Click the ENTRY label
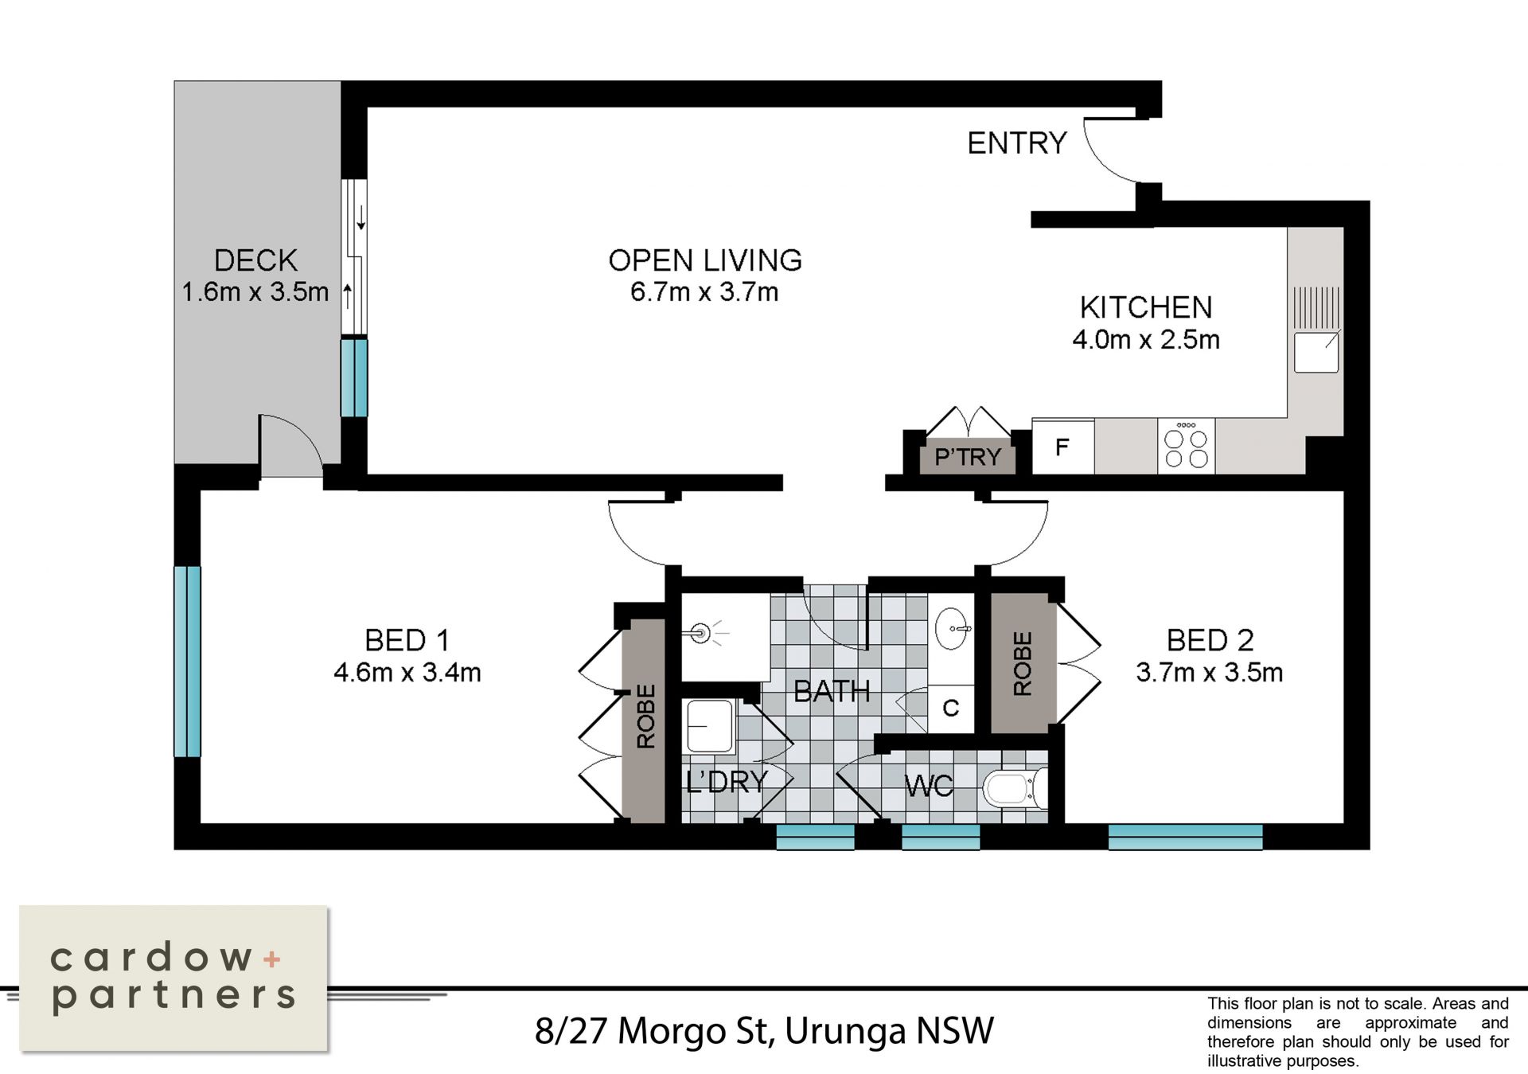tap(1016, 143)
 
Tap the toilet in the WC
tap(1015, 788)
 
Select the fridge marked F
tap(1063, 447)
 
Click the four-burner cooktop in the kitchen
tap(1186, 447)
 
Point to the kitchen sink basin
tap(1316, 352)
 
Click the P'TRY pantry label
tap(968, 457)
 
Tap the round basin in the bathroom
tap(952, 630)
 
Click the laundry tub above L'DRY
tap(710, 725)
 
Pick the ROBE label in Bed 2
tap(1023, 663)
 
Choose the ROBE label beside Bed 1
tap(646, 716)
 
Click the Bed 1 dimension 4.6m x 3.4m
tap(407, 673)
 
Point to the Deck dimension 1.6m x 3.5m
tap(255, 292)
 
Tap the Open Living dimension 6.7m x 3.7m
tap(704, 292)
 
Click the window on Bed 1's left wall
tap(188, 661)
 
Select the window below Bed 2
tap(1185, 837)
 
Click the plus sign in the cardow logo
tap(272, 959)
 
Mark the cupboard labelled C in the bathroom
tap(951, 708)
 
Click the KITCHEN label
tap(1146, 307)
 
